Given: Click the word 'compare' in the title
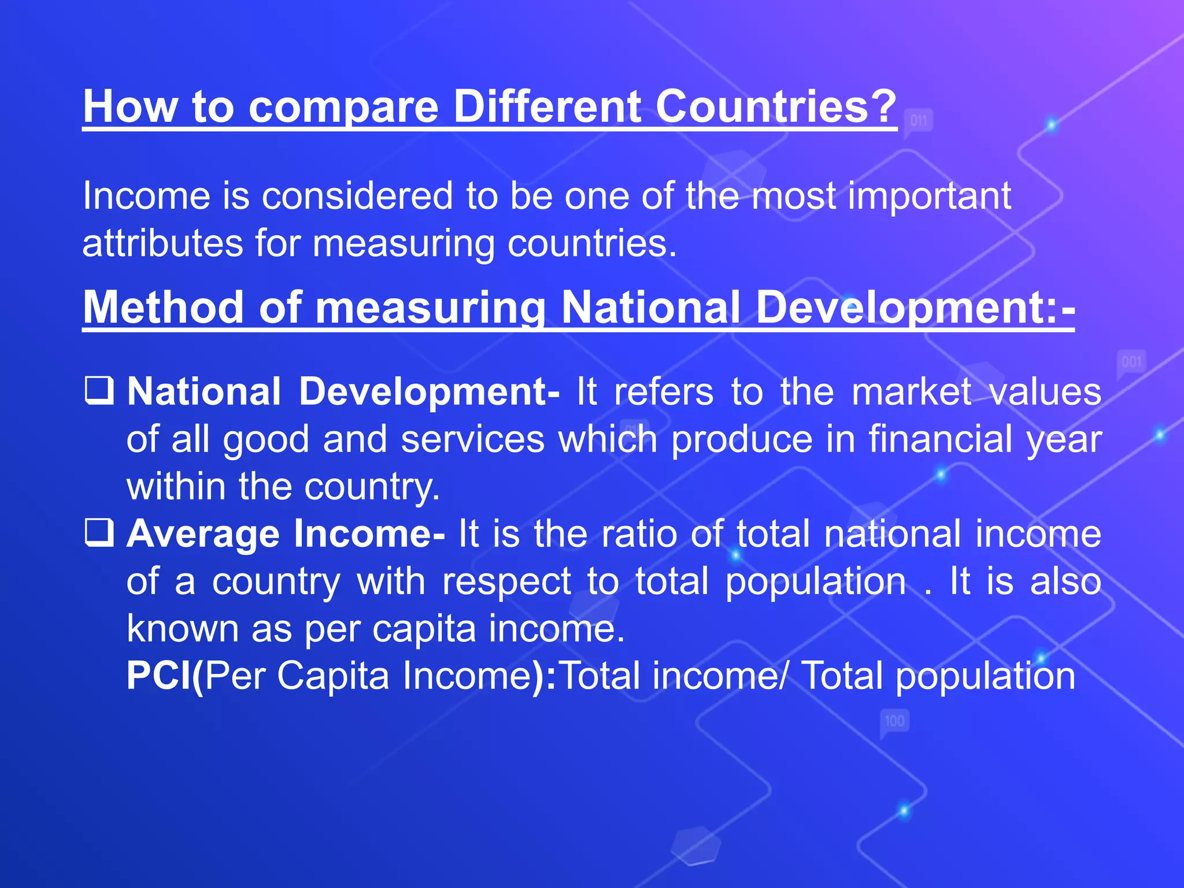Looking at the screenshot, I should pos(343,107).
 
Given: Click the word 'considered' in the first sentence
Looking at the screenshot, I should pos(357,195).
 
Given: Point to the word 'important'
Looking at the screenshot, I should pos(930,197).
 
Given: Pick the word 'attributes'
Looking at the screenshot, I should pos(162,243).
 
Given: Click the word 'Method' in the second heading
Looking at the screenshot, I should pos(164,307).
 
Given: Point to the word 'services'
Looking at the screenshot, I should pos(472,439).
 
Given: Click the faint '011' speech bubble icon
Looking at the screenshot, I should pos(918,121).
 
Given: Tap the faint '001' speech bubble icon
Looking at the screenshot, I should pos(1131,362).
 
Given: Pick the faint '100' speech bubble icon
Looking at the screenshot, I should pos(894,721).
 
